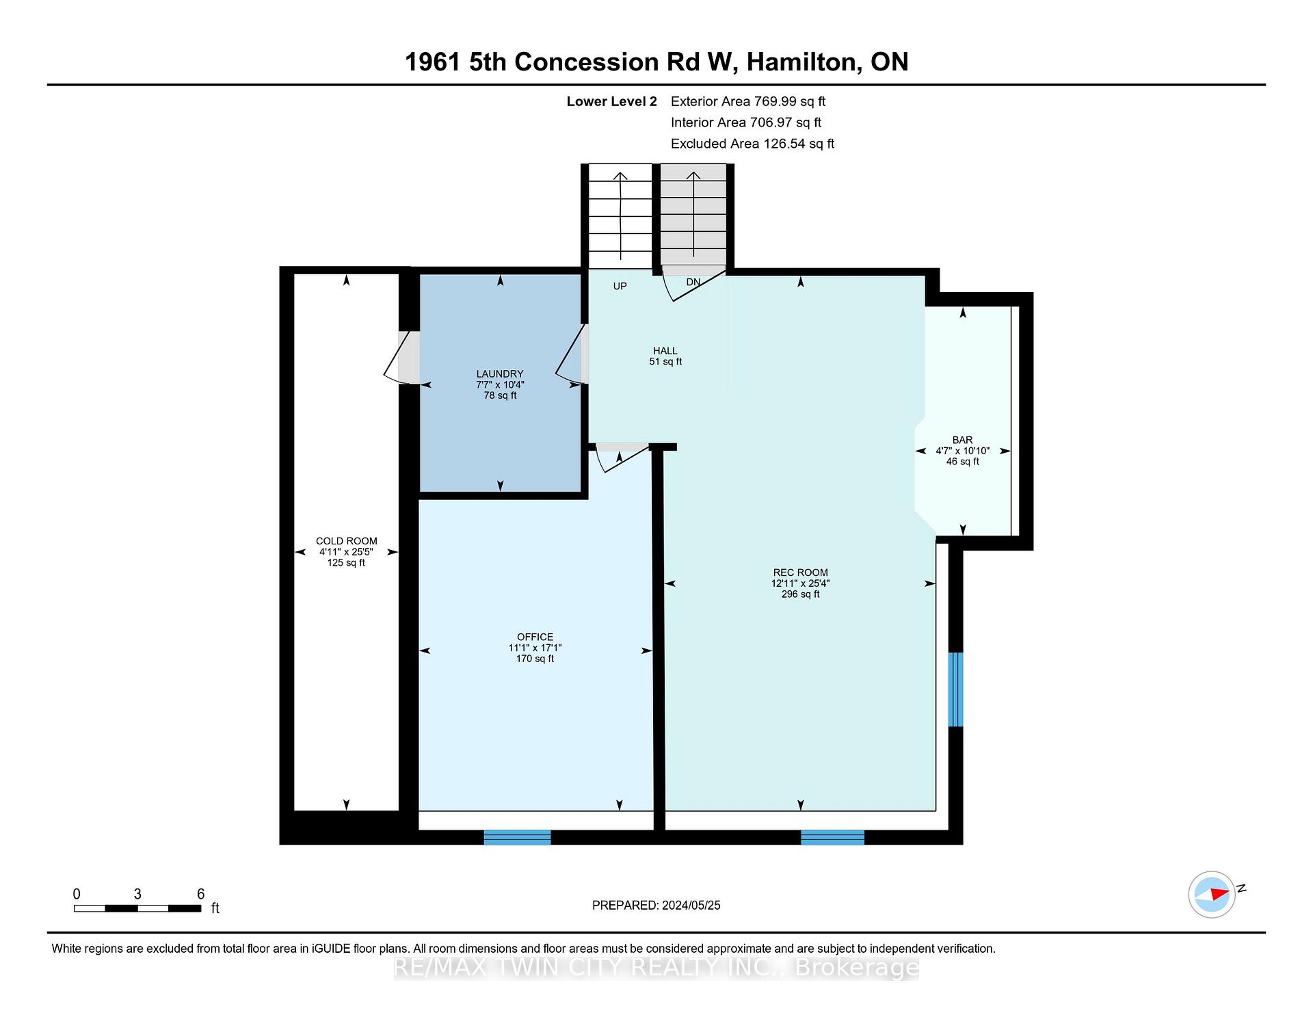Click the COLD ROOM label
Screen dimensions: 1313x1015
click(346, 541)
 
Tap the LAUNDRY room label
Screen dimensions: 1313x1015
click(500, 374)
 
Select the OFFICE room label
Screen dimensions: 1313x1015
click(535, 637)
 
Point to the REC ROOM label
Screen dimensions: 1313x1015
click(800, 572)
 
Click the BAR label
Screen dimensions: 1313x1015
click(962, 440)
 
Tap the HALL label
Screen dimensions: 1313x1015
click(665, 351)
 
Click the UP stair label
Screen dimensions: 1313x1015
click(620, 286)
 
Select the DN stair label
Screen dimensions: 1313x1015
click(693, 282)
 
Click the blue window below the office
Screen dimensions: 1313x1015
click(517, 837)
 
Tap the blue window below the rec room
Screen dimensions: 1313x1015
click(832, 837)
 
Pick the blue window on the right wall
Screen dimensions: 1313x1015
click(955, 689)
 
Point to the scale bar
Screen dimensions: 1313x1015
click(137, 908)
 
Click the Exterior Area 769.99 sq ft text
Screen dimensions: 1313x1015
click(748, 101)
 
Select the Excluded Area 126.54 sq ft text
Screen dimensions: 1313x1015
click(752, 144)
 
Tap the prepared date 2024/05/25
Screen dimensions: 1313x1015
click(691, 905)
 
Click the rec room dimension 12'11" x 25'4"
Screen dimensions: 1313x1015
click(800, 583)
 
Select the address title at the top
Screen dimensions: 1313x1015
click(656, 62)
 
